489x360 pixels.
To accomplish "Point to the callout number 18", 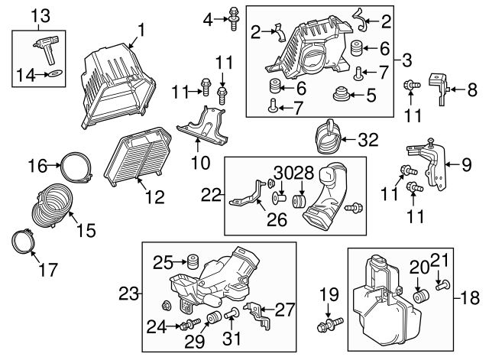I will tap(468, 296).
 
